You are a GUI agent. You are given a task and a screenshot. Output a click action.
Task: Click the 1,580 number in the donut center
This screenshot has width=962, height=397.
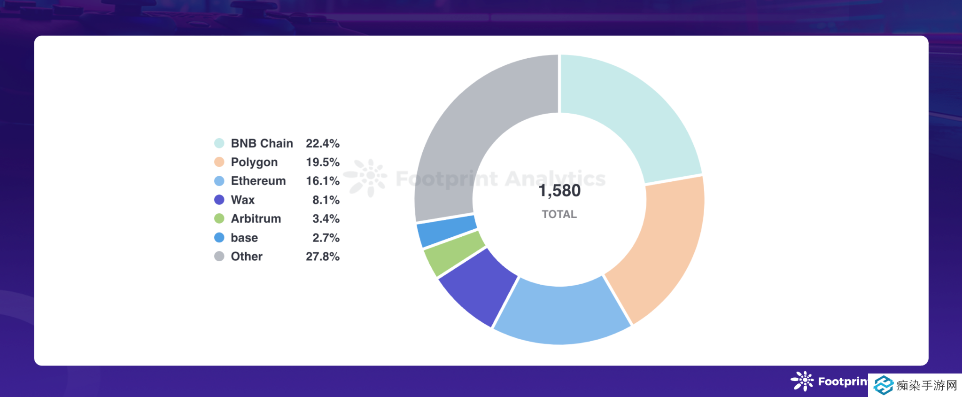pyautogui.click(x=559, y=191)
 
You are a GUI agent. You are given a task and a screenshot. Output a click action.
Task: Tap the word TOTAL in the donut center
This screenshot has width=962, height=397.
pyautogui.click(x=559, y=214)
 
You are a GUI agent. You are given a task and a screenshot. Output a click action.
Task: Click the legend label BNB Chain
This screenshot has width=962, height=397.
pyautogui.click(x=262, y=143)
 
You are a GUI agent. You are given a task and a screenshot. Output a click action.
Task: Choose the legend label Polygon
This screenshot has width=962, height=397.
pyautogui.click(x=254, y=162)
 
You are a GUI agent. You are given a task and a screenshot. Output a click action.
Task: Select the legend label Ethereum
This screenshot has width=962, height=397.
pyautogui.click(x=258, y=181)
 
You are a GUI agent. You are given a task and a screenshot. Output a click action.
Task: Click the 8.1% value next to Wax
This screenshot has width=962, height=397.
pyautogui.click(x=326, y=200)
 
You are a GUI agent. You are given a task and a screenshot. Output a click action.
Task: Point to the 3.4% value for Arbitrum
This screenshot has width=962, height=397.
pyautogui.click(x=326, y=219)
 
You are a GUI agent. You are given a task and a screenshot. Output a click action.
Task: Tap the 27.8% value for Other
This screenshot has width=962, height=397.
pyautogui.click(x=323, y=257)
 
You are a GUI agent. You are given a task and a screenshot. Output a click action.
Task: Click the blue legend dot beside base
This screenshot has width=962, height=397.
pyautogui.click(x=219, y=238)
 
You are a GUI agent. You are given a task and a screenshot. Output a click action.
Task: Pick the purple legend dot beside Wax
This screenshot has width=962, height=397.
pyautogui.click(x=219, y=200)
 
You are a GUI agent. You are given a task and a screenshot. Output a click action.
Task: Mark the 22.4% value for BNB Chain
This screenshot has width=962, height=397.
pyautogui.click(x=323, y=143)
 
